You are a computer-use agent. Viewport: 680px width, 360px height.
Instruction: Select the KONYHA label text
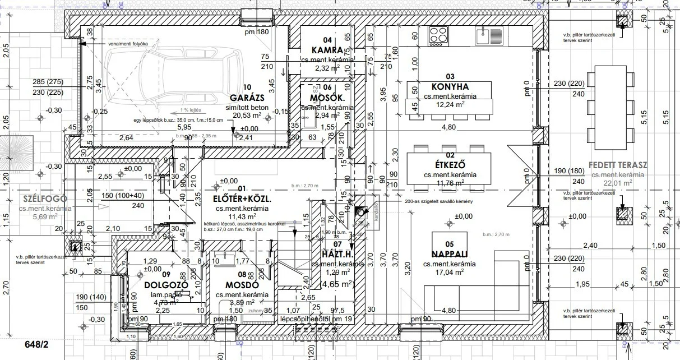[x=450, y=87]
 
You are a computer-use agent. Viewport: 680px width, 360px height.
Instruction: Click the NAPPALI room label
[x=450, y=253]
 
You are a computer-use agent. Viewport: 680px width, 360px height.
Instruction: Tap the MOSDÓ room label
[x=242, y=284]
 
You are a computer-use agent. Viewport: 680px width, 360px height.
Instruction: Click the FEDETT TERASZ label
[x=618, y=165]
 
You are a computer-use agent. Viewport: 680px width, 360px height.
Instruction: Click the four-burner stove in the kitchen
[x=438, y=35]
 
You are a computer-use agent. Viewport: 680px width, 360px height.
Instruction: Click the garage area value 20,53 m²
[x=247, y=116]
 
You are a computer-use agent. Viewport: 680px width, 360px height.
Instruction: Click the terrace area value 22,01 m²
[x=618, y=182]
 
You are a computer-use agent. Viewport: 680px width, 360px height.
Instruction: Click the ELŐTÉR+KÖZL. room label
[x=242, y=199]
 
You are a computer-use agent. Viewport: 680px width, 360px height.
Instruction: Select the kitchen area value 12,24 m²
[x=450, y=105]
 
